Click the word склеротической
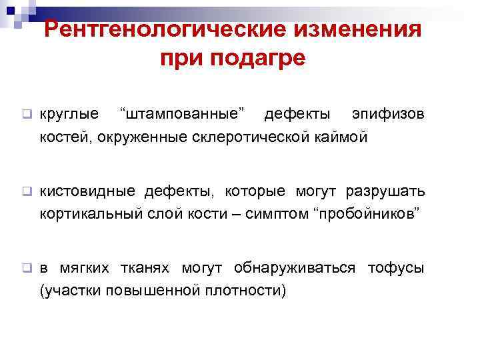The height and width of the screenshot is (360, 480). tap(251, 137)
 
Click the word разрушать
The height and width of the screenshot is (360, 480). tap(384, 191)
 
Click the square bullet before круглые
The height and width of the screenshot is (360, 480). tap(27, 114)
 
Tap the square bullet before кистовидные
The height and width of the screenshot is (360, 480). tap(27, 191)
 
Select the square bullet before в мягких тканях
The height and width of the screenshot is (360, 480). tap(27, 269)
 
